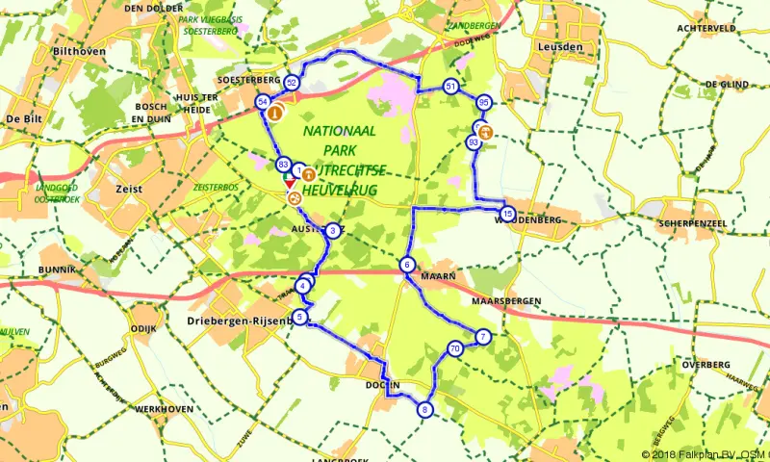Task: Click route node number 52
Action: (291, 84)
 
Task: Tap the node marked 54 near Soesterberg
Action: (262, 102)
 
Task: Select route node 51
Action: (451, 88)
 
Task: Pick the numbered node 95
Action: (484, 102)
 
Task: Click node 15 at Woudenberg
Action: (507, 214)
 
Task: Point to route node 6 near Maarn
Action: (408, 266)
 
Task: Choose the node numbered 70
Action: (454, 348)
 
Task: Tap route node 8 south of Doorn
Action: (425, 410)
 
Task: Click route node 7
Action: (482, 336)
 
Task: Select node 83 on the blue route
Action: (283, 165)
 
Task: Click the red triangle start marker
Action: (289, 182)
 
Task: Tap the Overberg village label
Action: (704, 366)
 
